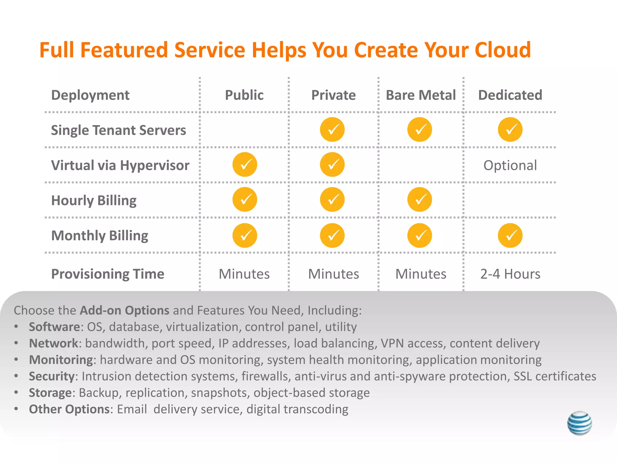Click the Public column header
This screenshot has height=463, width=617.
point(244,95)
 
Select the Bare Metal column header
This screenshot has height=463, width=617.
point(421,95)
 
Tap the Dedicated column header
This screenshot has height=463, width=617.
point(510,95)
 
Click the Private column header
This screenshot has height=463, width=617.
point(333,95)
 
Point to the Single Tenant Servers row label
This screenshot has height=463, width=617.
point(118,130)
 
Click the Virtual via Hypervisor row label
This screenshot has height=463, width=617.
point(120,165)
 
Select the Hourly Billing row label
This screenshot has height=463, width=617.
point(94,200)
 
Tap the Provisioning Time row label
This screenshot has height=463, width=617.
point(108,274)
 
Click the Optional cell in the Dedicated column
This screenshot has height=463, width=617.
point(510,165)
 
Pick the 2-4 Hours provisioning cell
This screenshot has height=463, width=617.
point(510,274)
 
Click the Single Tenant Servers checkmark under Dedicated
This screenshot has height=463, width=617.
point(510,130)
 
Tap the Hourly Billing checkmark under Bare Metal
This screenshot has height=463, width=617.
point(419,200)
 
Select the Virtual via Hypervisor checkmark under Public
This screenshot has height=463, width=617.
point(245,165)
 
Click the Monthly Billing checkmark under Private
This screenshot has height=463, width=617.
point(332,235)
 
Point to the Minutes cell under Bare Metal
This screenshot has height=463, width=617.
point(421,274)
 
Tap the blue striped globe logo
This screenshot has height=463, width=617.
point(579,423)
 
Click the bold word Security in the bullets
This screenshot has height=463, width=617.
point(52,376)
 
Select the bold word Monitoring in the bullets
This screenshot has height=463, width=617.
point(61,360)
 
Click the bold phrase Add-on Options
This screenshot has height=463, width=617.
point(124,310)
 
